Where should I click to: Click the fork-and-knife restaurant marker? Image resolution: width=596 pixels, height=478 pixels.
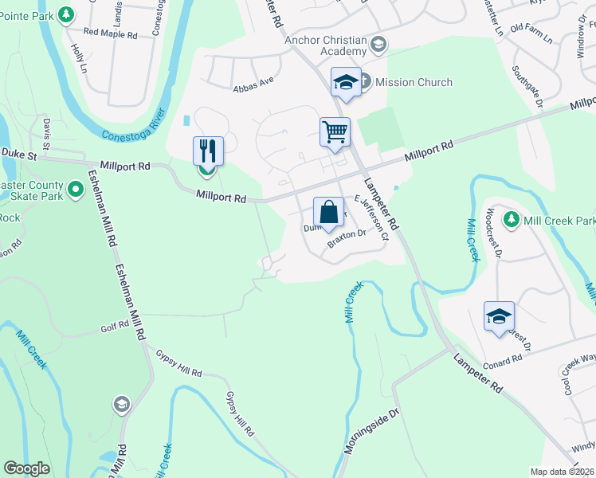pos(208,151)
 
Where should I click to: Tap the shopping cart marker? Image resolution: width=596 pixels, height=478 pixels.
pos(335,132)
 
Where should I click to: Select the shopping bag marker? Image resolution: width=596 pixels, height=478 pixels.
pos(328,213)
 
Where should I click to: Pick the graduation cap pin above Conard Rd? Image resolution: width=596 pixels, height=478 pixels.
pos(499,316)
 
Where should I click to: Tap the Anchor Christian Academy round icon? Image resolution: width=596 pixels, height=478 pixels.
pos(378,45)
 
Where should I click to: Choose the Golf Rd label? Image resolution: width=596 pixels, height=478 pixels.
pos(114,327)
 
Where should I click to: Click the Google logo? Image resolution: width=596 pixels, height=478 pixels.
pos(26,468)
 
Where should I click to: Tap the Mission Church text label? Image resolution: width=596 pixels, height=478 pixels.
pos(414,82)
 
